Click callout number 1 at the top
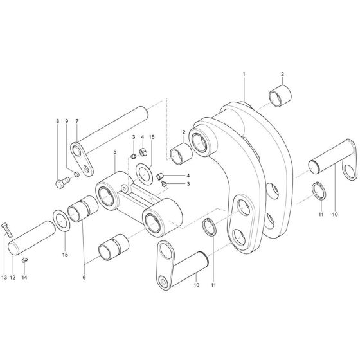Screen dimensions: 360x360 coord(244,75)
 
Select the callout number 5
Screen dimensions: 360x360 coord(115,152)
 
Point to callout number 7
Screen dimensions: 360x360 coord(76,120)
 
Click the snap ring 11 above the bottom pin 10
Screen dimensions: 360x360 coord(209,228)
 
